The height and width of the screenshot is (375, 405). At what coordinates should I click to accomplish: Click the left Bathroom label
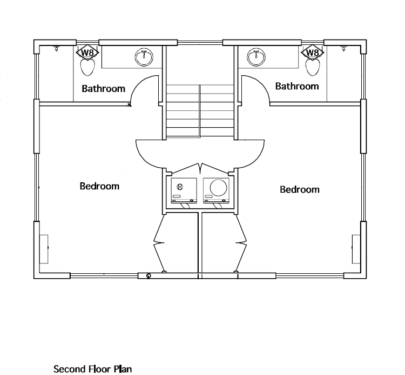click(103, 89)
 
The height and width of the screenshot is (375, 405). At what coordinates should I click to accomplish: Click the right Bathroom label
click(297, 86)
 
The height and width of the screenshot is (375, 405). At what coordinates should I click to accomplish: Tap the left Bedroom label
click(99, 186)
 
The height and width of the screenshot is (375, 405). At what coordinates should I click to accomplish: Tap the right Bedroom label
click(300, 189)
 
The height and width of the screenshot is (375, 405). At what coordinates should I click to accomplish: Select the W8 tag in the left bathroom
click(87, 52)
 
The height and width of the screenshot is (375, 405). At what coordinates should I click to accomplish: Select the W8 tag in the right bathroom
click(312, 52)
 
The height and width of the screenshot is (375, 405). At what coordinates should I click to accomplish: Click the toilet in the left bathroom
click(88, 67)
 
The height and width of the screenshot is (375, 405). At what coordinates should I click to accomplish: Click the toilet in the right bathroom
click(313, 67)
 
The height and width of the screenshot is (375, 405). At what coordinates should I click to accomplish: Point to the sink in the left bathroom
click(144, 57)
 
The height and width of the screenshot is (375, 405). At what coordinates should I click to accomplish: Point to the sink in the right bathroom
click(256, 57)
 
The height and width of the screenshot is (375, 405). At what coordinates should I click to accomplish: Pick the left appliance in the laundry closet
click(184, 190)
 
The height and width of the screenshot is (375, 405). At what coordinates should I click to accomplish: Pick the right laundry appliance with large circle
click(216, 190)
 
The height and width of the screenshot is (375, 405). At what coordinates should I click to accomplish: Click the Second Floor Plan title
click(92, 369)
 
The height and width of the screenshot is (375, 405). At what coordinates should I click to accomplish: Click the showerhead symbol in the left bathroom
click(56, 48)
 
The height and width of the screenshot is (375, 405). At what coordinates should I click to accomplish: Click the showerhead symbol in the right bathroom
click(343, 48)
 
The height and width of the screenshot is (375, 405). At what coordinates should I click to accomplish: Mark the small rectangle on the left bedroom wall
click(44, 249)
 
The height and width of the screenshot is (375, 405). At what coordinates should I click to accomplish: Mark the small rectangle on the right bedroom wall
click(356, 249)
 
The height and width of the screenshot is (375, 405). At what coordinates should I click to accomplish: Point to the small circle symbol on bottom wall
click(148, 276)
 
